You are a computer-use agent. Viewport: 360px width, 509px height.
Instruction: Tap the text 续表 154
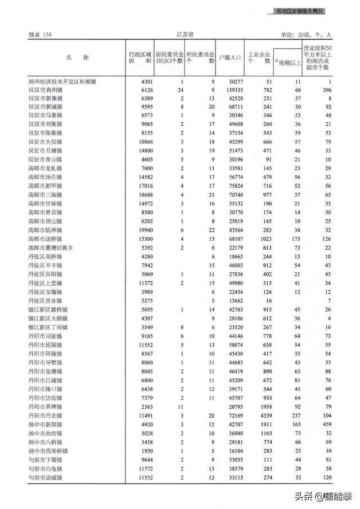click(x=41, y=35)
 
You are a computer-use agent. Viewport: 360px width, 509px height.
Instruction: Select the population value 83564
click(x=234, y=229)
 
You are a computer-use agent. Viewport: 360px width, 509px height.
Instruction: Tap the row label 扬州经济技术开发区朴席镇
click(x=62, y=82)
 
